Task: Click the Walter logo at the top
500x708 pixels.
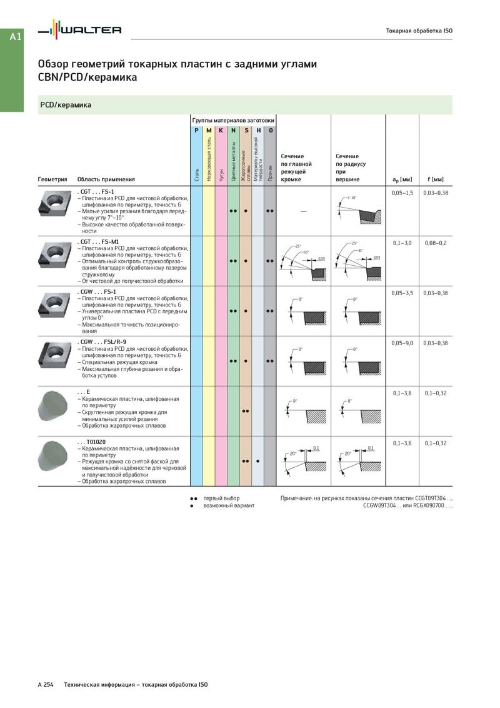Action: click(79, 29)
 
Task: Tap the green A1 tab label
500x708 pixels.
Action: click(16, 37)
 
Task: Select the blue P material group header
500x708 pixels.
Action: click(196, 130)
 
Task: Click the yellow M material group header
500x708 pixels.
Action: click(208, 130)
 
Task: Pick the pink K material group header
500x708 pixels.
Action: click(221, 130)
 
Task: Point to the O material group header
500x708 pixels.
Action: click(270, 130)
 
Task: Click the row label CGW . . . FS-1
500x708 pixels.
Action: click(96, 292)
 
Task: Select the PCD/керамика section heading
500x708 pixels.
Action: click(66, 105)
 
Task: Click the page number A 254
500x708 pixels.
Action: click(46, 685)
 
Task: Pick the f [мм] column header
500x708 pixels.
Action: click(436, 180)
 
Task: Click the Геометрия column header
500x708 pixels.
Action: click(52, 180)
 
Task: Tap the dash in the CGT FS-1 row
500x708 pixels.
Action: click(304, 211)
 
